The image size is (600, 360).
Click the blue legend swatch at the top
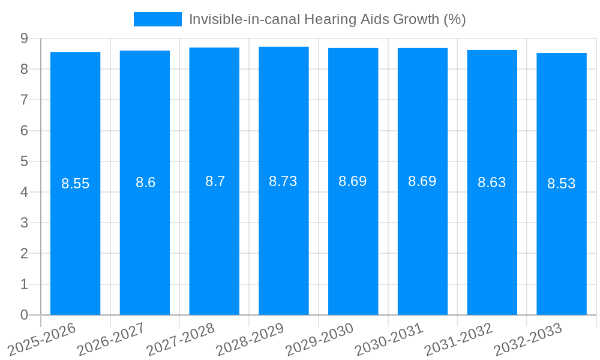point(157,19)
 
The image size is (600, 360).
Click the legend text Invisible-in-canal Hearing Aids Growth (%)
point(327,19)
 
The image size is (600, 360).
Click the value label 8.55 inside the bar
point(75,184)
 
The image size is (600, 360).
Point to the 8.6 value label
point(145,182)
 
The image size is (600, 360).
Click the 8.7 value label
point(215,181)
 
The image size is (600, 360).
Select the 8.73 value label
point(283,181)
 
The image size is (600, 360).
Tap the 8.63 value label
point(491,182)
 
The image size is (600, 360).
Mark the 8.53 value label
point(561,184)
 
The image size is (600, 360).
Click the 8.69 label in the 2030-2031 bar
point(422,181)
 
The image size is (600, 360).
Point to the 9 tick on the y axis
point(24,38)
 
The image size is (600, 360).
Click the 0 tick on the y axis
point(24,315)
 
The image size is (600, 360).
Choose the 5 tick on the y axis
point(24,161)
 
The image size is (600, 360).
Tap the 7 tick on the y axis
point(24,100)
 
